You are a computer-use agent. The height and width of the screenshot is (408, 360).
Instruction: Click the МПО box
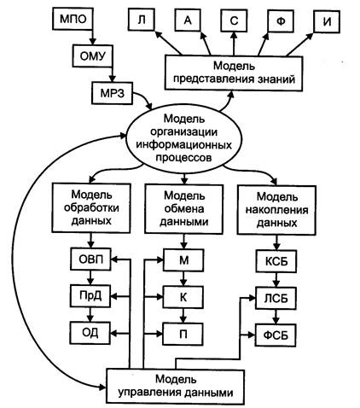[73, 19]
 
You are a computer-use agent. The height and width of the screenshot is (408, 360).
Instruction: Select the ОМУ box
[92, 55]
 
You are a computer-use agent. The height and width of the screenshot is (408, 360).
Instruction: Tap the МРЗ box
[112, 93]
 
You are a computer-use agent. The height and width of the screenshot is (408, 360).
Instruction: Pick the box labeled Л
[141, 20]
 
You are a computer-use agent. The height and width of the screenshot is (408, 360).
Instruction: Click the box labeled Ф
[280, 21]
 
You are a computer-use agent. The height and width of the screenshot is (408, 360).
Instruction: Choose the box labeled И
[327, 22]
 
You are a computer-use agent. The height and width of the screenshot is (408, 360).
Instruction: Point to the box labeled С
[234, 20]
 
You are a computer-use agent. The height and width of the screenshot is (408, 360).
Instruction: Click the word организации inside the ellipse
[183, 131]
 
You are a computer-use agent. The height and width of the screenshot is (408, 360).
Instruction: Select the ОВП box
[90, 259]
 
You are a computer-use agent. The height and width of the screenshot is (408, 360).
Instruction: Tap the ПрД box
[90, 296]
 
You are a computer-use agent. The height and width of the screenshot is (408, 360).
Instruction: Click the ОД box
[90, 333]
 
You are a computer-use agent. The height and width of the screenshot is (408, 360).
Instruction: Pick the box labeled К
[183, 297]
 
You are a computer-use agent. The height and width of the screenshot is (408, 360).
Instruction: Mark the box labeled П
[183, 334]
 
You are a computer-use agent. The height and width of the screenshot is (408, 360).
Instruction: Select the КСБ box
[276, 261]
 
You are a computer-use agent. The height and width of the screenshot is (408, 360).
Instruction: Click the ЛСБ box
[276, 298]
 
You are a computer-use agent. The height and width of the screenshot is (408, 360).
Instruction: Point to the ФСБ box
[276, 335]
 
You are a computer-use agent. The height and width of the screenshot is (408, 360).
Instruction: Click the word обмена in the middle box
[183, 209]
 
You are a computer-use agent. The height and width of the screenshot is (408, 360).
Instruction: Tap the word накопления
[276, 210]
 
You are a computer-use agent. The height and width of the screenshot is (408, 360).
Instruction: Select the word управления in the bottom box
[149, 393]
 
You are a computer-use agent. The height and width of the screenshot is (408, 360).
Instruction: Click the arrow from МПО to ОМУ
[91, 37]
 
